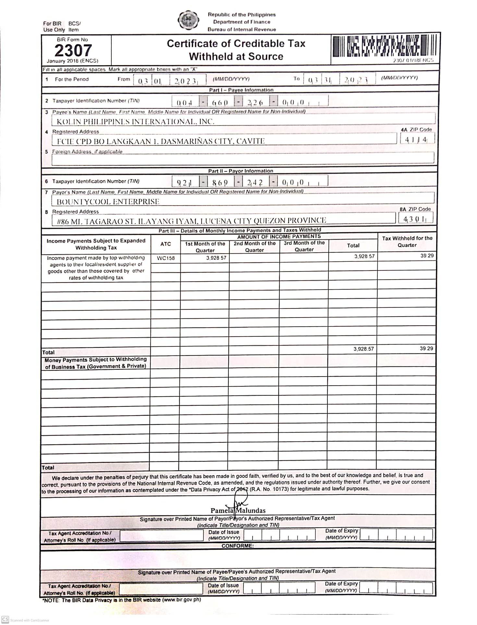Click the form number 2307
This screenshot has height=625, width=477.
tap(73, 51)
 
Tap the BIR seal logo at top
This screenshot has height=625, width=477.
tap(188, 20)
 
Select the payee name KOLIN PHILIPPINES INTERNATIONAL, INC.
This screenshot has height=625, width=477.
tap(135, 122)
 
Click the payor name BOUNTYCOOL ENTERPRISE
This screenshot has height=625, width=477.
tap(108, 202)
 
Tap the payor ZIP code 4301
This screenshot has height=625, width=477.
tap(415, 219)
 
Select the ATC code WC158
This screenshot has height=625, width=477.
tap(165, 258)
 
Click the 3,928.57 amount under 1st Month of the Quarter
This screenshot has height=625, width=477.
tap(216, 258)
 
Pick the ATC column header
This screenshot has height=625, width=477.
tap(165, 244)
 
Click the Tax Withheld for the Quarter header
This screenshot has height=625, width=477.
tap(407, 242)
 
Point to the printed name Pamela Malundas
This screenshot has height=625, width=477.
tap(238, 511)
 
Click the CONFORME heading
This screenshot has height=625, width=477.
tap(238, 546)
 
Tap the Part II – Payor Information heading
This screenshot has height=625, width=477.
tap(240, 171)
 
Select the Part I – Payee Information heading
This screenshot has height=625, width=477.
tap(241, 90)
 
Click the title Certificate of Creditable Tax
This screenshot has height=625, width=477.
tap(236, 43)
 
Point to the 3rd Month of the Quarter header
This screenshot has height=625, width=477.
tap(304, 246)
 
